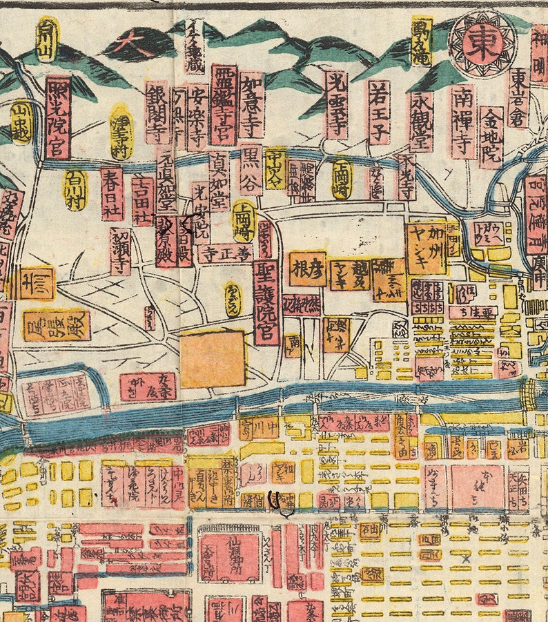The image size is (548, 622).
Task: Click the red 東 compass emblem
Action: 483,43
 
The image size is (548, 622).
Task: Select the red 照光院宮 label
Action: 59,117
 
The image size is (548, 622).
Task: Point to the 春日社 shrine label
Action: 112,193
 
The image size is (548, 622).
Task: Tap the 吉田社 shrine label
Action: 143,201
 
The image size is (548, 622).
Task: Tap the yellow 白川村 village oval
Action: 75,189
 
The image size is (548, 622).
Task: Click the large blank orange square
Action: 213,358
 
